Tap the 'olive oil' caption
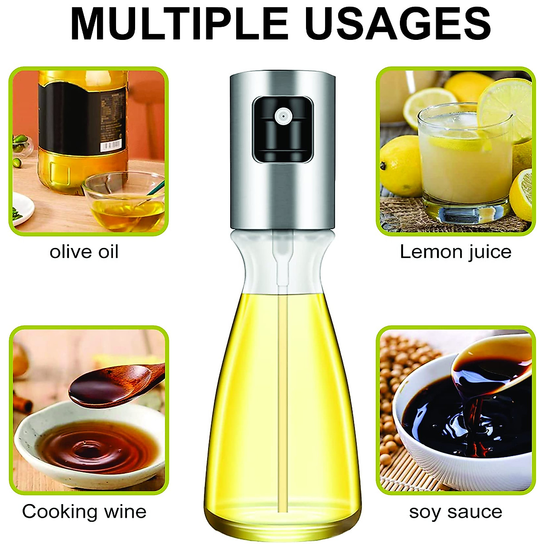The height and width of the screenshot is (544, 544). click(84, 252)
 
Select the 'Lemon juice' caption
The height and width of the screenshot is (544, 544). click(455, 252)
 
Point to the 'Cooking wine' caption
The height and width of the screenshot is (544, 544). click(84, 511)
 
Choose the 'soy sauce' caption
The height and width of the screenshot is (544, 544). click(455, 511)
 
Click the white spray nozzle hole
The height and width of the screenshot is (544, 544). click(283, 117)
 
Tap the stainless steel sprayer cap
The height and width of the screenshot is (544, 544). click(283, 190)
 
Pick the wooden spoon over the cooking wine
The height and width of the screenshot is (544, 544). click(113, 385)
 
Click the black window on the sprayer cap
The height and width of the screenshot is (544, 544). click(283, 129)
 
